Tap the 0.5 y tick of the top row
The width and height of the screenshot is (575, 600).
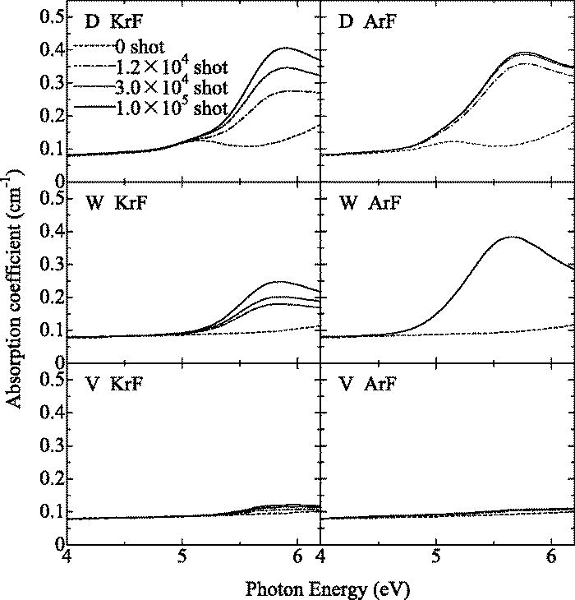51,17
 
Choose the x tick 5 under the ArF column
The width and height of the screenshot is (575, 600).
437,556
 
